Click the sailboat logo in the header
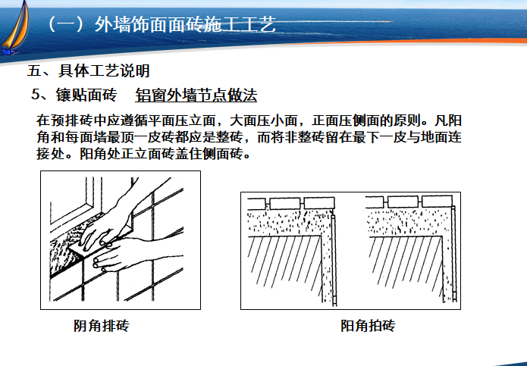(14, 29)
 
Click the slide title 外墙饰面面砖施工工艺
(185, 24)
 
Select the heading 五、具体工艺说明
(89, 70)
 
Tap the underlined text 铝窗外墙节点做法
(196, 95)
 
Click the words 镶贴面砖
(86, 95)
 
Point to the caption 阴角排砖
(101, 325)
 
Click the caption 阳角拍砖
(368, 325)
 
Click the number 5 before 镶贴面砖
(36, 95)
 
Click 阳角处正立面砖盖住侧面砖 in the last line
(161, 154)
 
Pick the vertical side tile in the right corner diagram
(453, 252)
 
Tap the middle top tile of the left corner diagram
(284, 203)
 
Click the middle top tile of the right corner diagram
(403, 202)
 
